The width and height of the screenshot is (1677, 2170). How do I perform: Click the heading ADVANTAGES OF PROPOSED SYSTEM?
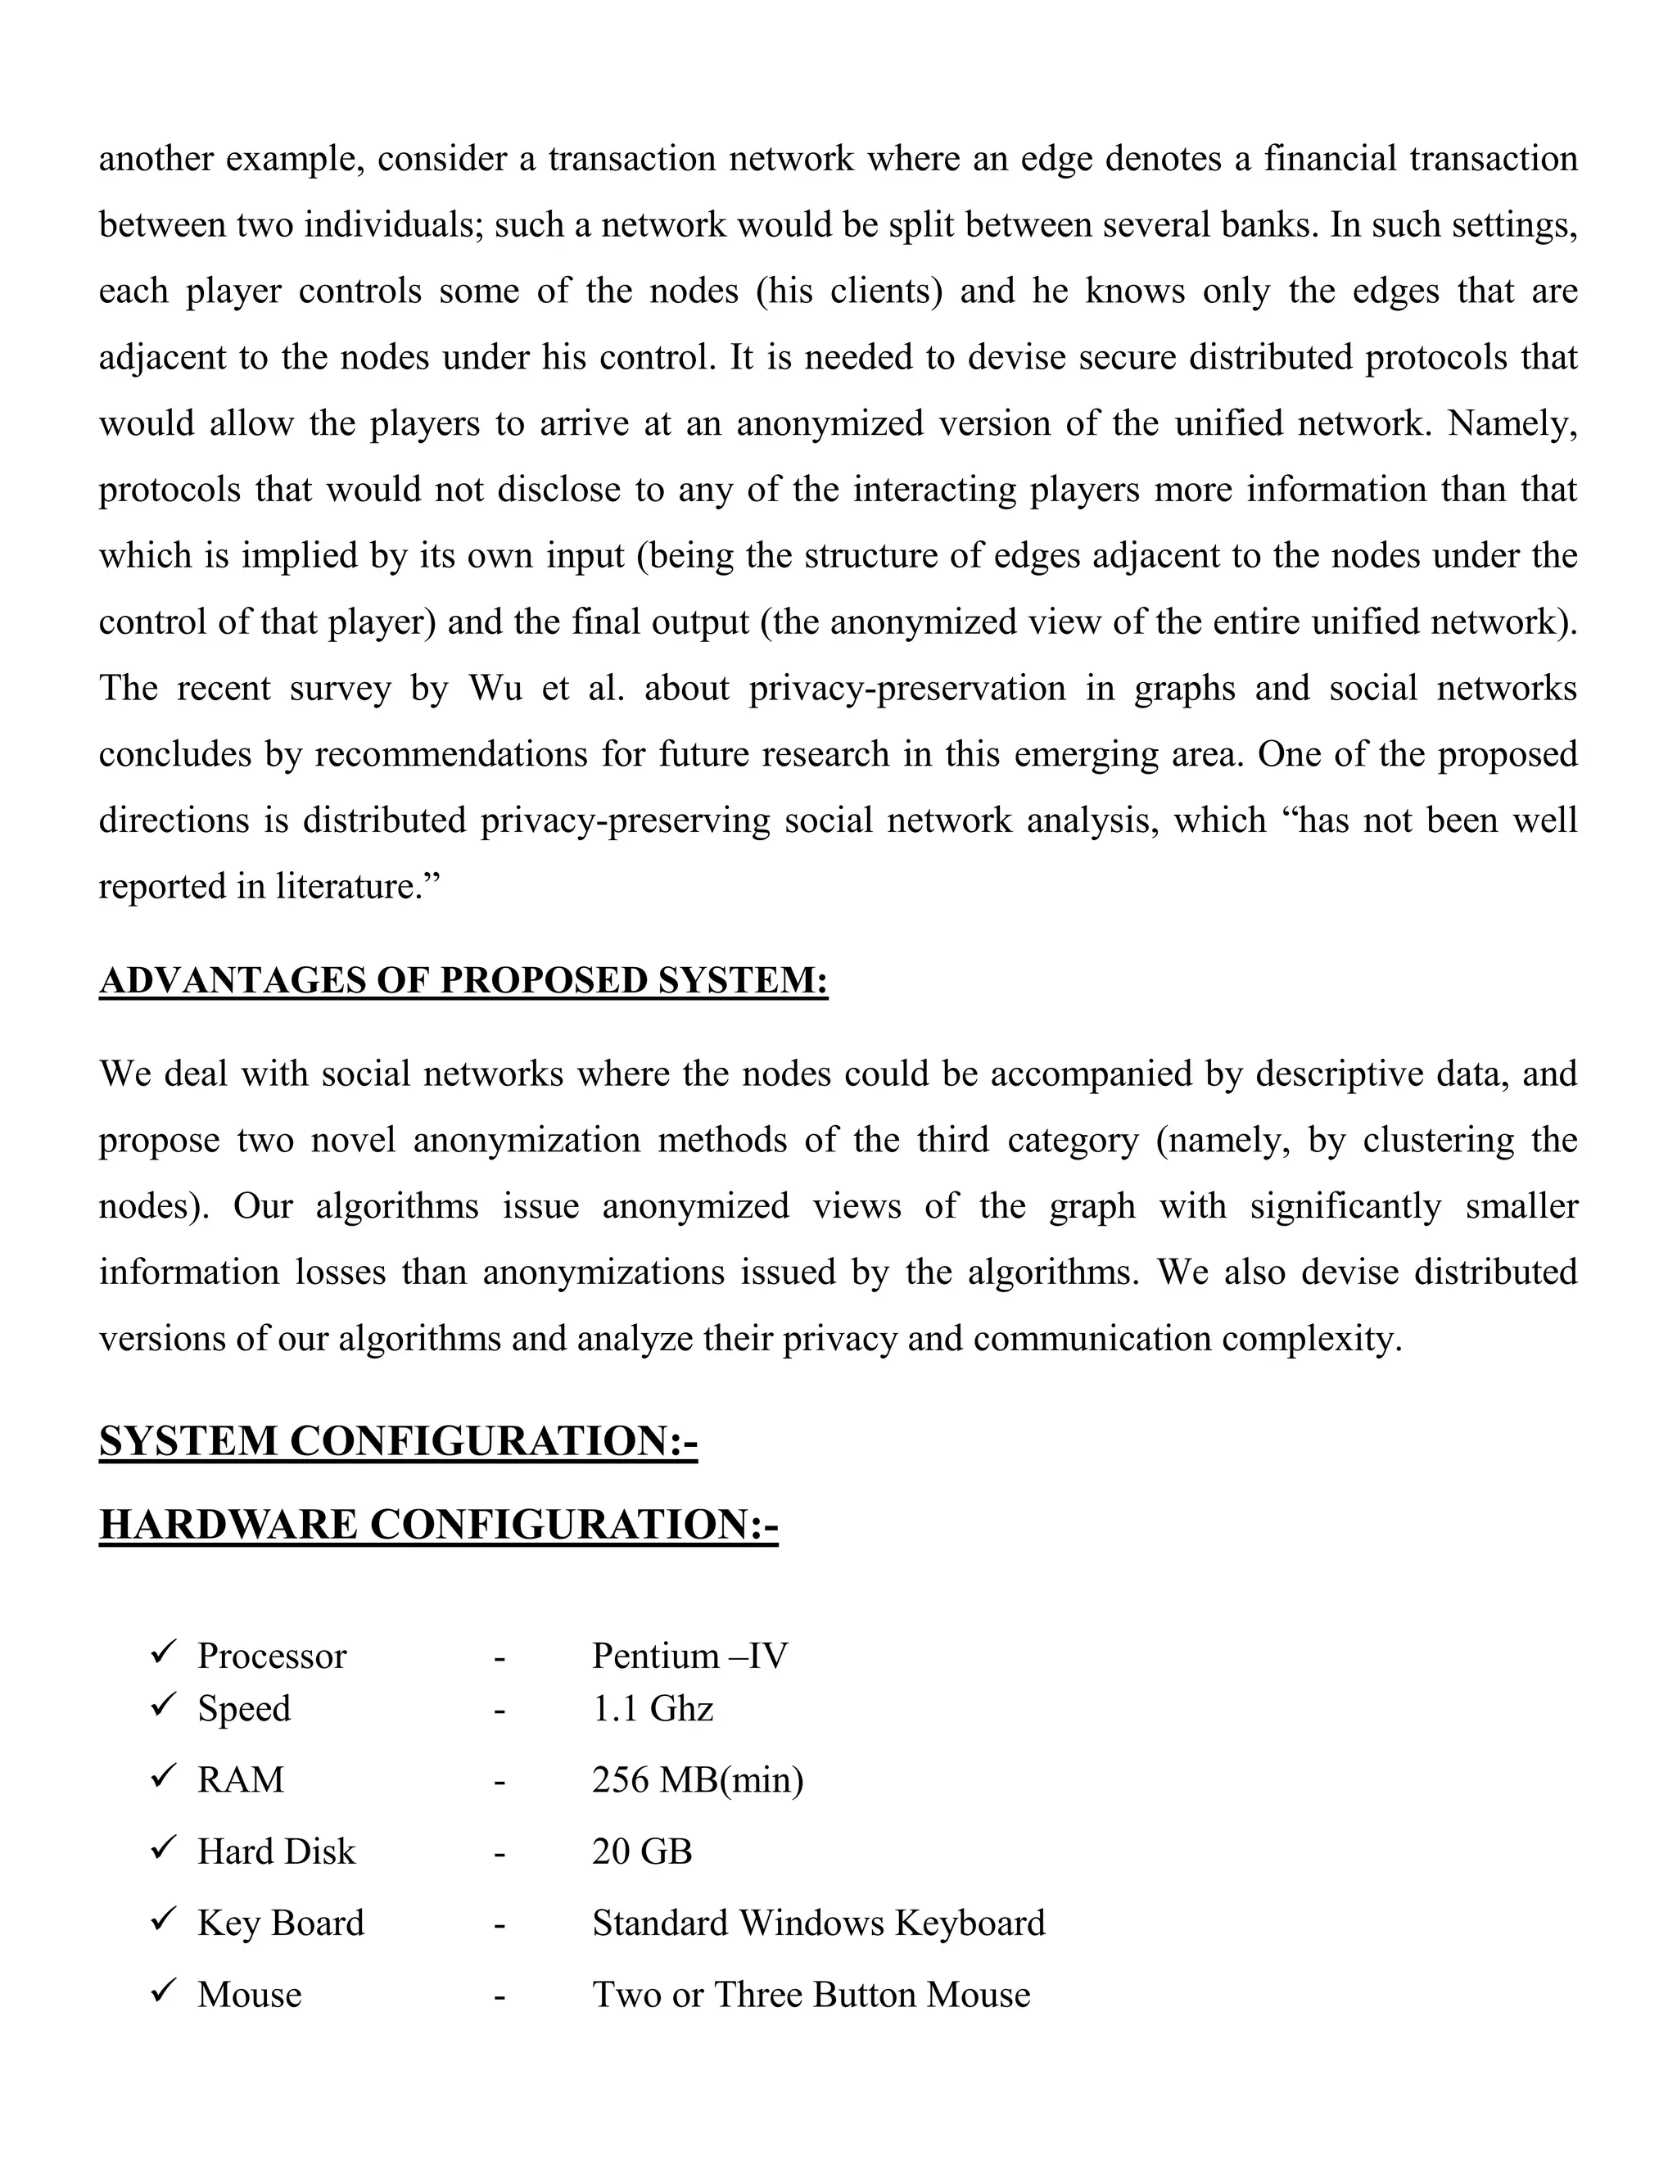(x=463, y=981)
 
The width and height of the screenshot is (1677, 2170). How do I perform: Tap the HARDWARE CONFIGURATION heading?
(x=438, y=1524)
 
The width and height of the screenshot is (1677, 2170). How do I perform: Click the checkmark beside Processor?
(x=163, y=1653)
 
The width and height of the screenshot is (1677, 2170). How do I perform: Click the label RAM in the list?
(x=241, y=1779)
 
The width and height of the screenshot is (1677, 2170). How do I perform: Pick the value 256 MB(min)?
(x=698, y=1779)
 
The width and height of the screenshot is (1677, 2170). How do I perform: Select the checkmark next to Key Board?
(x=163, y=1919)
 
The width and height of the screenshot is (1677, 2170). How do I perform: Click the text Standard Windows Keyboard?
(x=819, y=1923)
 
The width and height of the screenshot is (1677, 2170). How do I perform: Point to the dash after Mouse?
(x=499, y=1995)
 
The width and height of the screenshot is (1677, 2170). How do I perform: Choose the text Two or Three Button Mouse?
(x=811, y=1994)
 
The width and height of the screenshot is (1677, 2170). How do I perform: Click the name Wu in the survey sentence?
(x=495, y=689)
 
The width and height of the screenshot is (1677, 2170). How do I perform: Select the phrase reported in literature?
(x=269, y=886)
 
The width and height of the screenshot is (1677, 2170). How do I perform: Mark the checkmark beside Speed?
(x=163, y=1706)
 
